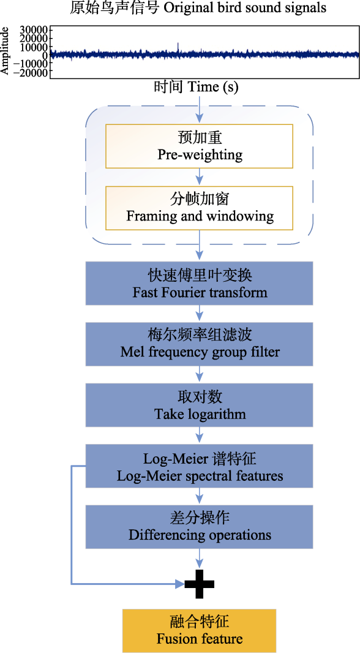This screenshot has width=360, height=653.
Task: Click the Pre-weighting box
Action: (x=200, y=146)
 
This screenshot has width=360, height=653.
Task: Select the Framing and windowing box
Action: (x=200, y=208)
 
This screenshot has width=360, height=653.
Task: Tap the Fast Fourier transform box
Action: (x=200, y=284)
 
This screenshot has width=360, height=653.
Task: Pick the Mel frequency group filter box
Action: (x=200, y=344)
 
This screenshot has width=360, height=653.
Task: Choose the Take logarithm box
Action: (x=200, y=405)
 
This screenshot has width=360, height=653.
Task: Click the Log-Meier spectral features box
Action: (x=200, y=466)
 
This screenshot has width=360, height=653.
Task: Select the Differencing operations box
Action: (x=200, y=526)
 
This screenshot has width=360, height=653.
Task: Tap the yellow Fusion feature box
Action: (x=200, y=630)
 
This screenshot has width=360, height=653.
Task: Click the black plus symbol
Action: (x=200, y=584)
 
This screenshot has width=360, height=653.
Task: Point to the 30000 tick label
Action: (x=34, y=30)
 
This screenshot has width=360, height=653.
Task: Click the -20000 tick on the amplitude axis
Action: (x=31, y=72)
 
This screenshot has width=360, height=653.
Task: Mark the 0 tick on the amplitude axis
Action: (x=45, y=55)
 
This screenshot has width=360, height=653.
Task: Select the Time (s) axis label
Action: (x=197, y=87)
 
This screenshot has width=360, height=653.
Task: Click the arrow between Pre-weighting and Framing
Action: (x=200, y=177)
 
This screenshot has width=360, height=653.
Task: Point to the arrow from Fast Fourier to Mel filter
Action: (x=200, y=314)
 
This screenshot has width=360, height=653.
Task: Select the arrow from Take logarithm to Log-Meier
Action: (x=200, y=436)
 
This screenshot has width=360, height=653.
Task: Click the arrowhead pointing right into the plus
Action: (x=180, y=584)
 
